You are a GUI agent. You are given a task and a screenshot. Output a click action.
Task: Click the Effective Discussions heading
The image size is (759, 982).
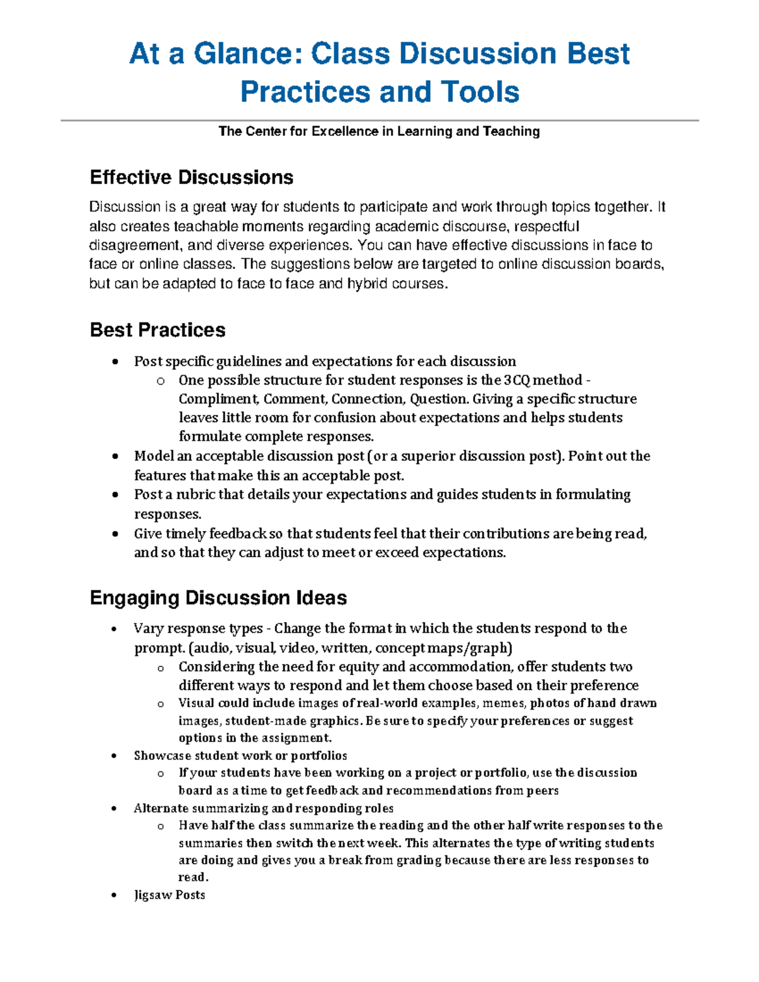click(191, 177)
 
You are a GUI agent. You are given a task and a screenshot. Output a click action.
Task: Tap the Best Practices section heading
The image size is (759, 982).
click(157, 330)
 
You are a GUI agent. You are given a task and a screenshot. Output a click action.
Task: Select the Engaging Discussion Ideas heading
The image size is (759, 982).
click(218, 598)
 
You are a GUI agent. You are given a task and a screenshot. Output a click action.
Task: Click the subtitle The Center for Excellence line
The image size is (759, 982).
click(379, 132)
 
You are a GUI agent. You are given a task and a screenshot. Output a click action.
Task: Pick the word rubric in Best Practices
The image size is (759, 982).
click(195, 494)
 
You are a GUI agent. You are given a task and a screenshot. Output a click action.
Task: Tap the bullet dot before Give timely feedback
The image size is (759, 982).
click(114, 534)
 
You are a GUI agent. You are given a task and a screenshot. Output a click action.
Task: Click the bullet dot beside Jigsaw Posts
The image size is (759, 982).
click(114, 895)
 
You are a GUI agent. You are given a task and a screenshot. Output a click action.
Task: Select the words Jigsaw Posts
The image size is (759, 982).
click(170, 895)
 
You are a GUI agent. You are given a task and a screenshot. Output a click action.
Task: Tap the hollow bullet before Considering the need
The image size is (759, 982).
click(161, 668)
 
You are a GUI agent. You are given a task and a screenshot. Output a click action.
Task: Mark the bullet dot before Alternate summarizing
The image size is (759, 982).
click(114, 809)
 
